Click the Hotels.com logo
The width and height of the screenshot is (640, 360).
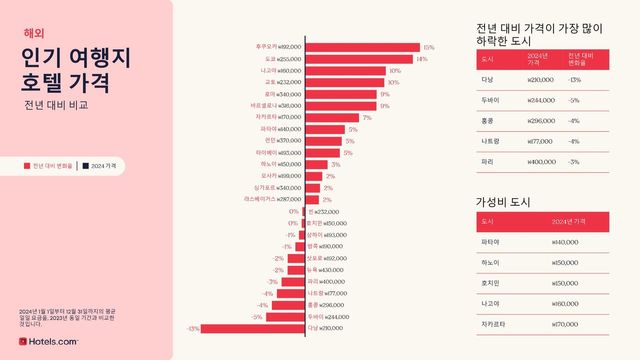coord(49,342)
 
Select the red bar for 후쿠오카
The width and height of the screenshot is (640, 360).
coord(361,46)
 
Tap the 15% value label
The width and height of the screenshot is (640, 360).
coord(429,46)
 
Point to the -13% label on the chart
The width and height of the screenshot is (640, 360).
coord(194,328)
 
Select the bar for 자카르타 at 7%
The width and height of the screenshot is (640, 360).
coord(330,117)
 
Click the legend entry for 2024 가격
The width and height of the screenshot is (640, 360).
coord(100,165)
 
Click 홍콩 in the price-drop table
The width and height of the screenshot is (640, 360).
coord(488,121)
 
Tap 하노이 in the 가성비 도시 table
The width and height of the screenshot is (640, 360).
coord(490,262)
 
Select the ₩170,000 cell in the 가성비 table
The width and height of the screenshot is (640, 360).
coord(566,324)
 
